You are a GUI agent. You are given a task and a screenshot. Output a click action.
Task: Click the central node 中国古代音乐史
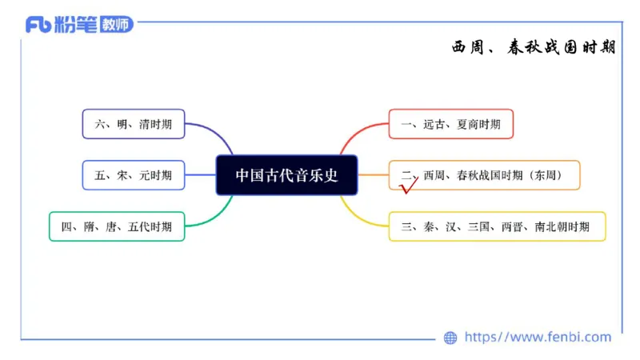click(x=286, y=175)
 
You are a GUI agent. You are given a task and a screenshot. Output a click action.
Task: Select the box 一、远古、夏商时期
click(x=450, y=124)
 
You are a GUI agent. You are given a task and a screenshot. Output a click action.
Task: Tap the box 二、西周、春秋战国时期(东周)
click(x=484, y=174)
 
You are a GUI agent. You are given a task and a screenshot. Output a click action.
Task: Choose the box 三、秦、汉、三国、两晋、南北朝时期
click(x=496, y=226)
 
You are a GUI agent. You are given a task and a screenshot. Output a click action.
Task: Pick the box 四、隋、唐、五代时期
click(x=116, y=226)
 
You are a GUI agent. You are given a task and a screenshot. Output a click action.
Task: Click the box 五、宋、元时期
click(x=133, y=175)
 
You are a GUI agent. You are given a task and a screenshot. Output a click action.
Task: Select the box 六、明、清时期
click(x=133, y=124)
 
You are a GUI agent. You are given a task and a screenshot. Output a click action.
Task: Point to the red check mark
click(x=409, y=187)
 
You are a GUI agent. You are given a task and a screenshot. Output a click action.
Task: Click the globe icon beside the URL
click(x=450, y=338)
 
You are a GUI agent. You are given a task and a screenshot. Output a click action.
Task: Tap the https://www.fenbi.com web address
click(x=538, y=338)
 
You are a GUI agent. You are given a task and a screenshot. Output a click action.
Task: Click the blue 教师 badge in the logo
click(x=115, y=25)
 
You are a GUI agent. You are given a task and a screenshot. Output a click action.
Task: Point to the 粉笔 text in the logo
click(x=77, y=25)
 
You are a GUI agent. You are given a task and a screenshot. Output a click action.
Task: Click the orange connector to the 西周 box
click(x=373, y=175)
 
